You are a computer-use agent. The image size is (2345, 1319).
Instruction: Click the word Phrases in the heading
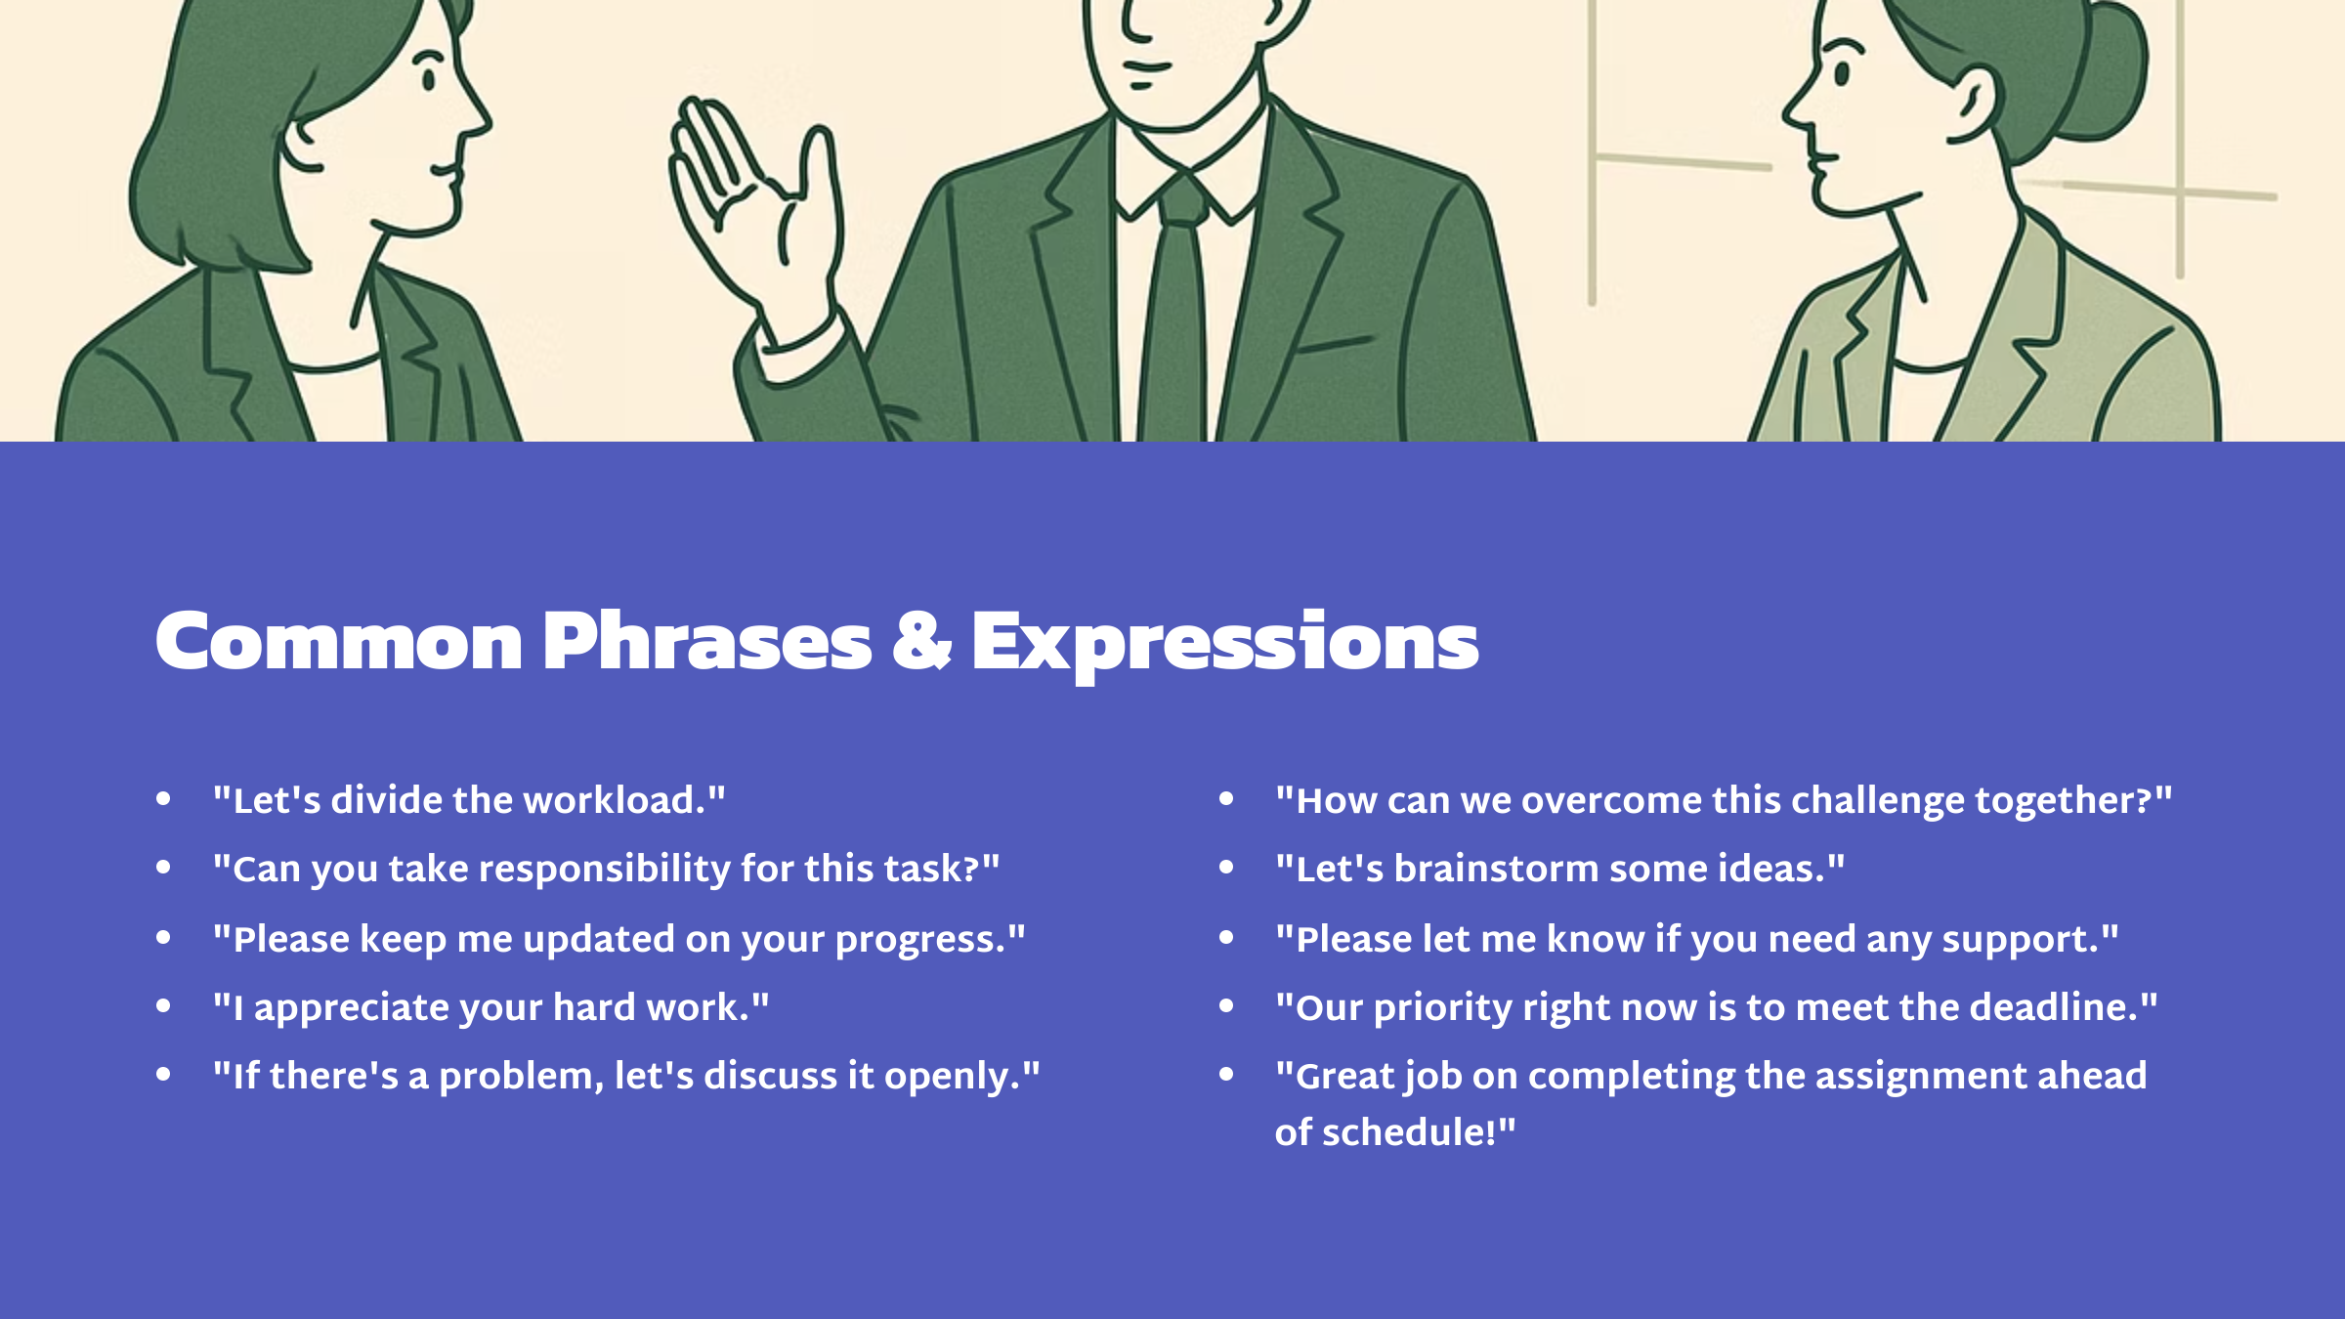(706, 642)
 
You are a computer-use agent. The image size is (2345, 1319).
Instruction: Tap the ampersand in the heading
(921, 642)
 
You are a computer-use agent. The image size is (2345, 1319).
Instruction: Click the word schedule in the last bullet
(1409, 1132)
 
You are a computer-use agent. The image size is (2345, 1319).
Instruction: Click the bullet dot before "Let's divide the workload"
(163, 799)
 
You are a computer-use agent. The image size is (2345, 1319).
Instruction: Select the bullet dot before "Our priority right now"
(1226, 1006)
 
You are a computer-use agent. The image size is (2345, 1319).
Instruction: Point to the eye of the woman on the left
(428, 77)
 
